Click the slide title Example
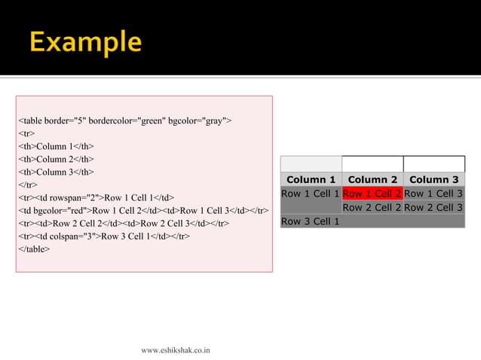point(85,41)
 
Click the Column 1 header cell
point(311,179)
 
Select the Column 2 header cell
point(372,179)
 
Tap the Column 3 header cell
point(434,179)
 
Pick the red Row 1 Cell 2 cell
point(372,194)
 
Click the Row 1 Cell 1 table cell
point(311,194)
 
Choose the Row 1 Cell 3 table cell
point(434,194)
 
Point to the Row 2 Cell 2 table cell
point(372,207)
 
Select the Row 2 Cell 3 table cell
point(434,207)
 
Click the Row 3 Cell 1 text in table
point(311,221)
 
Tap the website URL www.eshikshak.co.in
point(176,349)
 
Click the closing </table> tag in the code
point(34,249)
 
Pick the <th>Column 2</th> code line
point(56,159)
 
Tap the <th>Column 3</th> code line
point(56,172)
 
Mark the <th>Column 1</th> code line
point(56,146)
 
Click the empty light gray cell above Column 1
point(311,164)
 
